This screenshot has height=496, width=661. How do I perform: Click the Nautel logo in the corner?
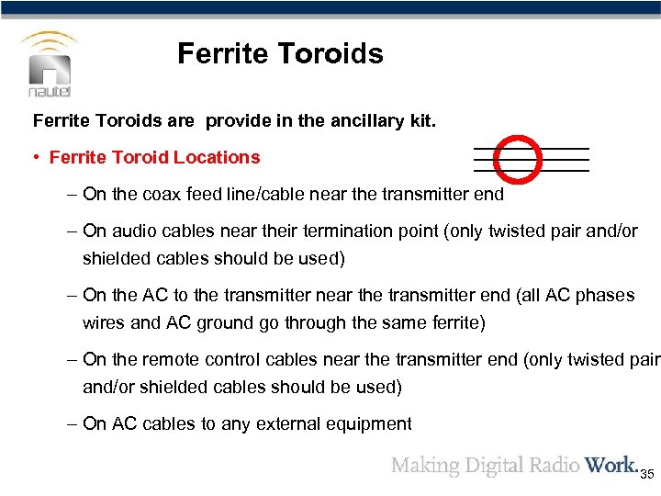tap(50, 64)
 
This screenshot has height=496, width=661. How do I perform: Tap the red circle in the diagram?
tap(518, 158)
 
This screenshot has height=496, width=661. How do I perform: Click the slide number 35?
tap(646, 474)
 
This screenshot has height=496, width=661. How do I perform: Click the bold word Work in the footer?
tap(610, 465)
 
